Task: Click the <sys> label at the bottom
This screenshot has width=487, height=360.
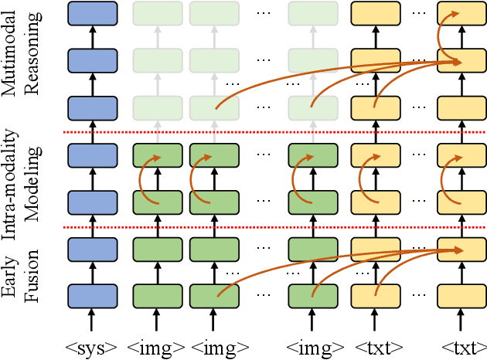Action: click(x=92, y=347)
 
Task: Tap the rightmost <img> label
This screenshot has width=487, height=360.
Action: click(x=314, y=347)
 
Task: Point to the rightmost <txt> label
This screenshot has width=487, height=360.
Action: click(x=461, y=347)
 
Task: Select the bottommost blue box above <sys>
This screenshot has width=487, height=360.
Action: click(x=92, y=296)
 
